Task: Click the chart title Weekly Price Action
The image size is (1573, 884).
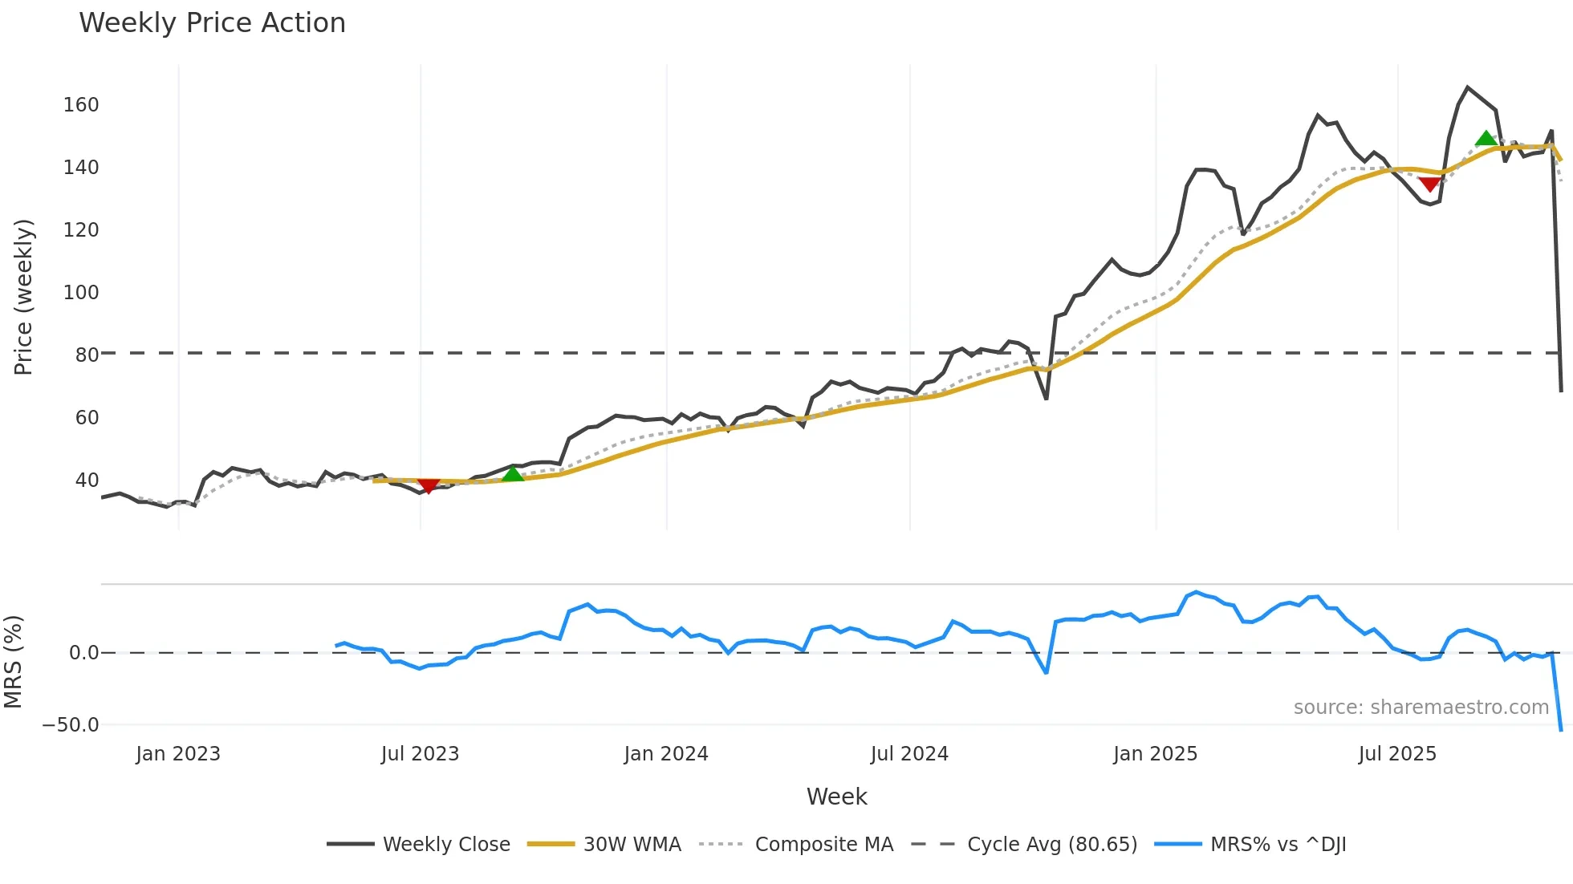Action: (212, 23)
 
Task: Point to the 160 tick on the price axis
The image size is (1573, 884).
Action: (81, 105)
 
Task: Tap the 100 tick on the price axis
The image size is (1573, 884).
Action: (81, 293)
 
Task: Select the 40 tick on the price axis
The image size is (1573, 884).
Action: (87, 481)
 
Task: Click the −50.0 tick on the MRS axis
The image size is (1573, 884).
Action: (71, 725)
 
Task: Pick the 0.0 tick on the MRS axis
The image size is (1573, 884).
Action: (83, 653)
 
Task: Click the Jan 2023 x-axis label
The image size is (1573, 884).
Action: (178, 754)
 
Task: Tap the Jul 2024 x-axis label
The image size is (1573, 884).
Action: (909, 754)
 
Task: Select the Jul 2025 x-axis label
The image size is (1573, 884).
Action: (1397, 754)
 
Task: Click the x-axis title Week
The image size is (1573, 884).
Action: (836, 797)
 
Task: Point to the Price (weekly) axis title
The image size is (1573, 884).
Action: (23, 297)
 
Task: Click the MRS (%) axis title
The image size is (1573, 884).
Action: (13, 662)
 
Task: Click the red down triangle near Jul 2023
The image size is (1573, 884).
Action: (429, 485)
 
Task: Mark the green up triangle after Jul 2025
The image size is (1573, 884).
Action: (1486, 139)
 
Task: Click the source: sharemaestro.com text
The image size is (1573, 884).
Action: (1421, 708)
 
